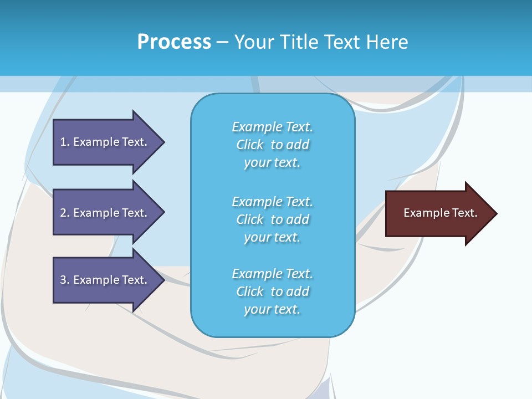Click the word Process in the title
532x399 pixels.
click(x=174, y=42)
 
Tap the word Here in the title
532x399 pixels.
click(x=387, y=42)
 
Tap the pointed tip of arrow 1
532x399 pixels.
click(x=163, y=142)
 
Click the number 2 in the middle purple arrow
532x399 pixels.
click(x=63, y=213)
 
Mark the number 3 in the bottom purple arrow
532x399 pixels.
click(x=63, y=280)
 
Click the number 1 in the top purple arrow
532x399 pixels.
click(x=63, y=142)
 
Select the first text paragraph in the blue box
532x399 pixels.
click(x=272, y=145)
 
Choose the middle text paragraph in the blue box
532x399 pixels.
click(x=272, y=219)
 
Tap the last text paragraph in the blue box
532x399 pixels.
click(x=272, y=291)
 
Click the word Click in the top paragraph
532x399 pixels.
click(x=250, y=145)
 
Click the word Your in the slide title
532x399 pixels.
click(x=252, y=42)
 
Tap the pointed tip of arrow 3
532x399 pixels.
click(x=163, y=280)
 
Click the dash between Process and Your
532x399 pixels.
click(x=223, y=42)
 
